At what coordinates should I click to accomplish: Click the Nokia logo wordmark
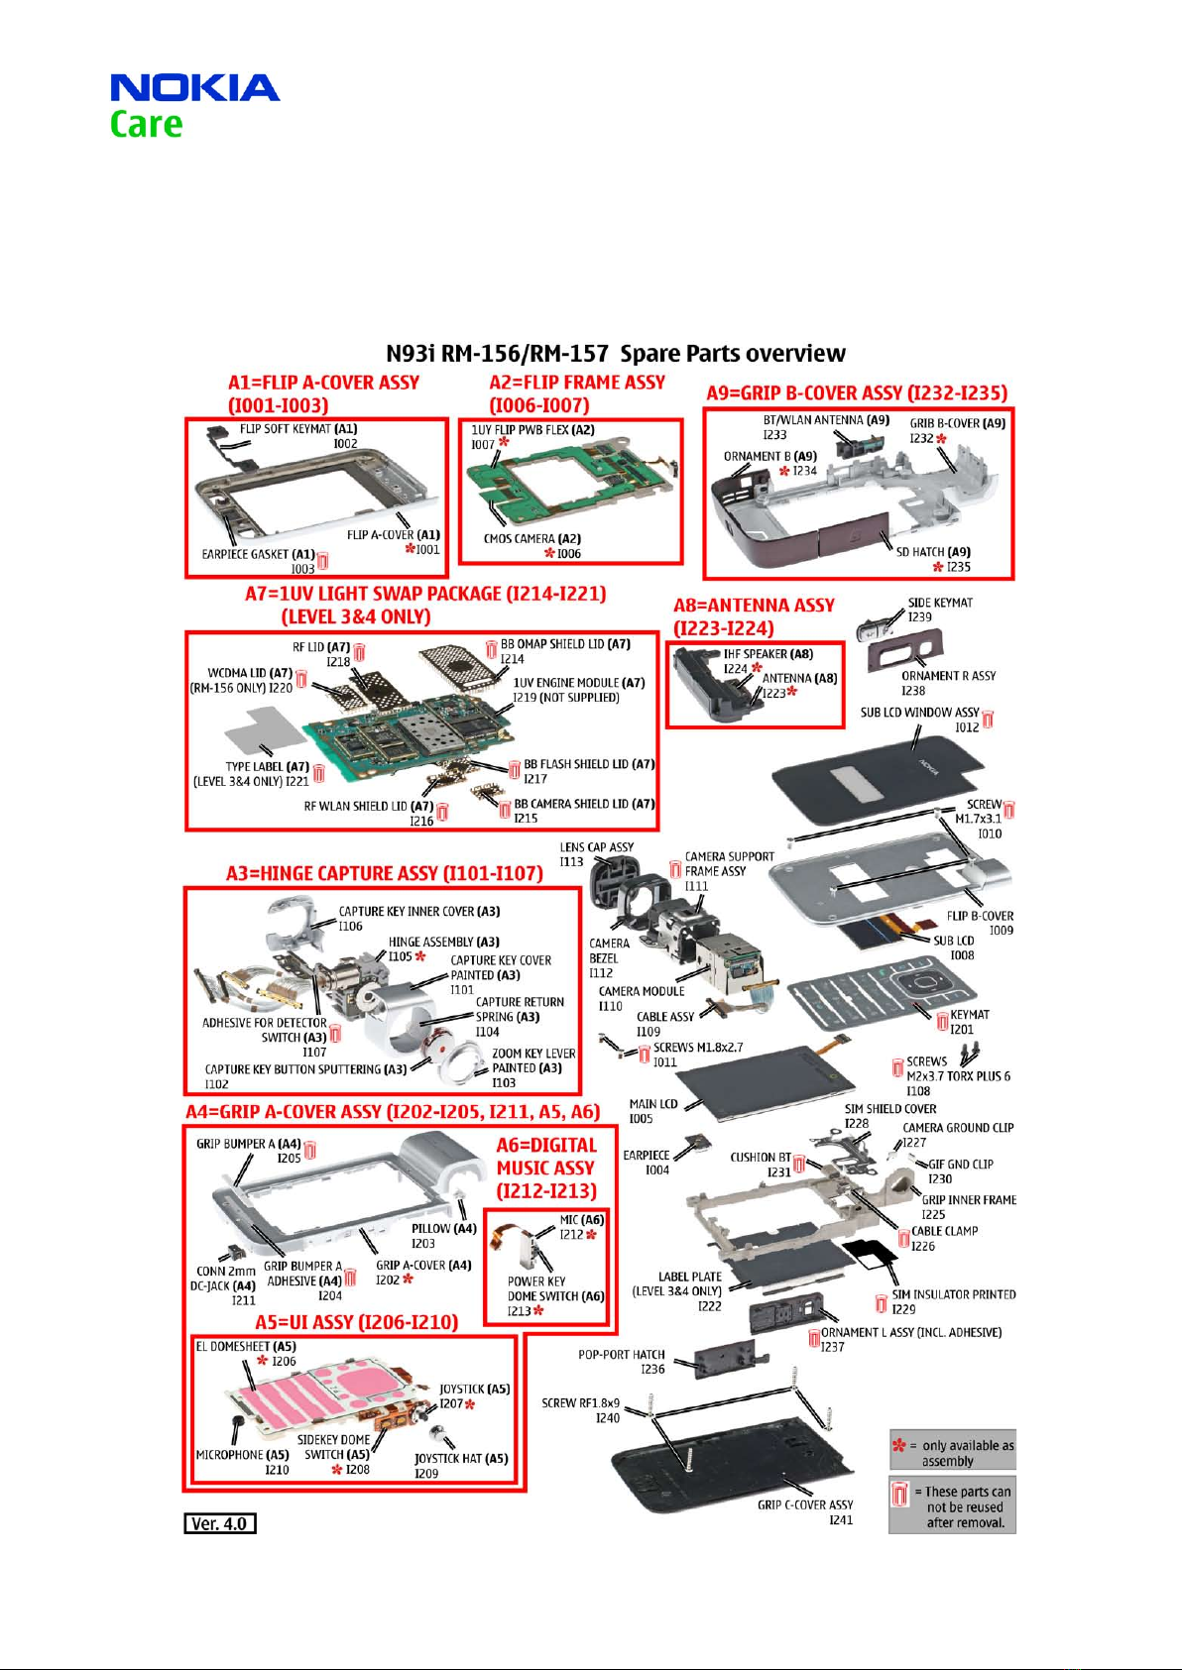tap(194, 88)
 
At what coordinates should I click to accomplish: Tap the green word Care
tap(146, 125)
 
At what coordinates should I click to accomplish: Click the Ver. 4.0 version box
tap(220, 1523)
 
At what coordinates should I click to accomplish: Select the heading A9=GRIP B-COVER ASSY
tap(856, 393)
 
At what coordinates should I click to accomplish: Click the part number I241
tap(840, 1519)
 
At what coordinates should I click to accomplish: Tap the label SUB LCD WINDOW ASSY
tap(919, 713)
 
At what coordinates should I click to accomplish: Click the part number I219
tap(525, 698)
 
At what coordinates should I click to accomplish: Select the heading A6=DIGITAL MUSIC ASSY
tap(546, 1168)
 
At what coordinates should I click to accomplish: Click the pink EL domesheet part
tap(297, 1397)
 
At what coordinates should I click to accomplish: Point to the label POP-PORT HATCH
tap(622, 1355)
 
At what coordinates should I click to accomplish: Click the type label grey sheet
tap(263, 731)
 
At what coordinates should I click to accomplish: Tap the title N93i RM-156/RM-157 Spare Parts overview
tap(615, 354)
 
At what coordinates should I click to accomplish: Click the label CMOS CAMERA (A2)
tap(532, 539)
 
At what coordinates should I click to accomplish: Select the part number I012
tap(966, 727)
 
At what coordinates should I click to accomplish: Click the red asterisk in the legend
tap(898, 1446)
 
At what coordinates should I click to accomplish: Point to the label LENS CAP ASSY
tap(596, 847)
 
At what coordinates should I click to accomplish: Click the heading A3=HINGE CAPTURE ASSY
tap(384, 873)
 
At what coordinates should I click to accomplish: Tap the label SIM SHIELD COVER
tap(889, 1109)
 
